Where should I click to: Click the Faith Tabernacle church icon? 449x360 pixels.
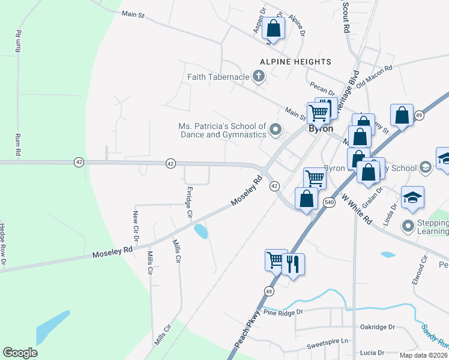(x=259, y=76)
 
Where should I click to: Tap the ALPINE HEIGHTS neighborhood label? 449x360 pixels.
(x=295, y=62)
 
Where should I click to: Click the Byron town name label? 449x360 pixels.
(x=321, y=128)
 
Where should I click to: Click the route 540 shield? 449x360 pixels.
(x=329, y=202)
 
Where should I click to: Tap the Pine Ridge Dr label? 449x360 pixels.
(x=284, y=313)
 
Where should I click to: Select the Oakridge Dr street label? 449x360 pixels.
(x=377, y=327)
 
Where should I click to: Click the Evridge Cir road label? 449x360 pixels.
(x=189, y=202)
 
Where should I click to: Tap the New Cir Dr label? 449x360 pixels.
(x=136, y=226)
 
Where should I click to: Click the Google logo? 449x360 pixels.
(x=20, y=353)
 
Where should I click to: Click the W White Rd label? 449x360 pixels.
(x=357, y=208)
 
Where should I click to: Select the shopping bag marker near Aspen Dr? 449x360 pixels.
(x=274, y=28)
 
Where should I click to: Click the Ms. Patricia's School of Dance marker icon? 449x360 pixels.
(x=276, y=129)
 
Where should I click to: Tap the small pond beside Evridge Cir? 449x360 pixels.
(x=201, y=231)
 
